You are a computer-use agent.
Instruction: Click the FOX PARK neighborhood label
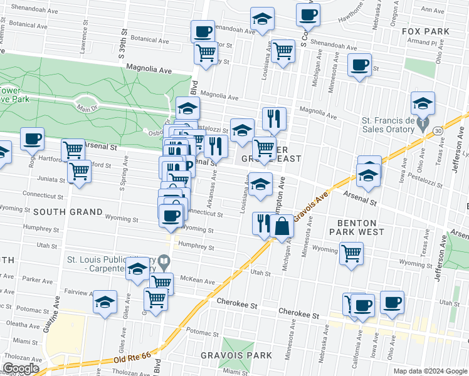point(423,31)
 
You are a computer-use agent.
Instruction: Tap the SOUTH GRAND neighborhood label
point(68,212)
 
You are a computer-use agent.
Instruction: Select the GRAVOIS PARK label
point(236,355)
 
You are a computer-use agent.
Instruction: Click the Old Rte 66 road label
point(134,360)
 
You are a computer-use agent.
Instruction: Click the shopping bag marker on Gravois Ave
point(283,226)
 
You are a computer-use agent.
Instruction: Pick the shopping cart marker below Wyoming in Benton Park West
point(351,253)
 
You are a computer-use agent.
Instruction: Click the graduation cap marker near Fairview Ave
point(105,301)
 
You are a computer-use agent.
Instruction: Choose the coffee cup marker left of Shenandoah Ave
point(203,31)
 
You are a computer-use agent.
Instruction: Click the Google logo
point(21,368)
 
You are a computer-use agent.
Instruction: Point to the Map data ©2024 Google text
point(429,371)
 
